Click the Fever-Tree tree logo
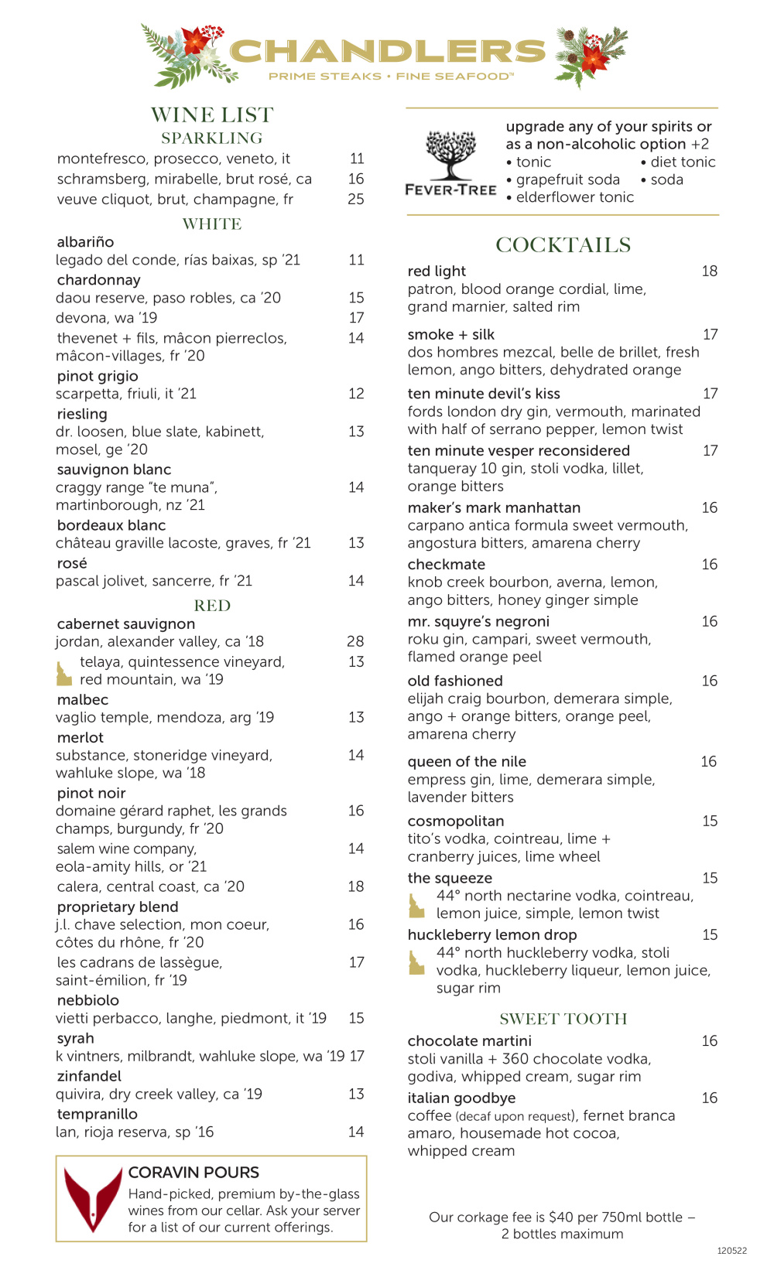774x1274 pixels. click(x=450, y=155)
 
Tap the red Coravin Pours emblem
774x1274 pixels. click(x=93, y=1198)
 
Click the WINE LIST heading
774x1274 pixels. click(x=212, y=115)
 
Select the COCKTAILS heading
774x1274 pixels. click(x=563, y=245)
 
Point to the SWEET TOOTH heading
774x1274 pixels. click(x=563, y=1019)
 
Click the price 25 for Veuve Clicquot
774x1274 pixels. click(x=356, y=200)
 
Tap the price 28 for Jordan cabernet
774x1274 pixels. click(x=355, y=641)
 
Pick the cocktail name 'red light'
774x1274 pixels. click(x=437, y=272)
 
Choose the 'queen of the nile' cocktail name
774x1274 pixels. click(x=467, y=762)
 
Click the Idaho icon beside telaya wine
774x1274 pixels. click(x=63, y=673)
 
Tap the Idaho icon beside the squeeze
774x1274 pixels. click(x=416, y=905)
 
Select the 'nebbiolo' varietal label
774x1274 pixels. click(x=88, y=1000)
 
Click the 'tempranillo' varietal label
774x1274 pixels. click(x=98, y=1114)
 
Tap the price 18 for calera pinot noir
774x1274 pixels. click(x=356, y=886)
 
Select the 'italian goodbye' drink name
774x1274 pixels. click(x=461, y=1098)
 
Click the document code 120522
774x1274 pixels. click(x=731, y=1251)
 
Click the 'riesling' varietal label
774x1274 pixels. click(x=82, y=414)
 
